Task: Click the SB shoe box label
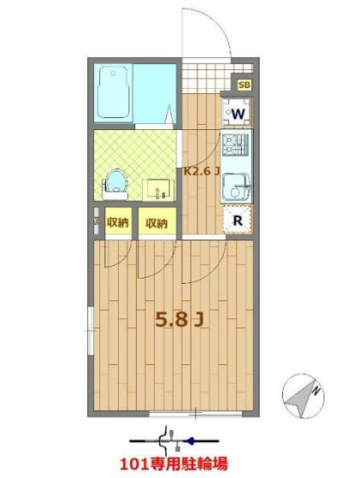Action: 245,85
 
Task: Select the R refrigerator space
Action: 238,220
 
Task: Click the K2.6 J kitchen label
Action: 201,171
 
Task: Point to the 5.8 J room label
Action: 180,320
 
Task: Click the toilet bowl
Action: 115,184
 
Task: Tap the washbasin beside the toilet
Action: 158,190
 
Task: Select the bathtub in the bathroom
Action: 113,92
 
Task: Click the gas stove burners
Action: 235,145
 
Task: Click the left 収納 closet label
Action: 118,222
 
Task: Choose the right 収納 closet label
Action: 156,223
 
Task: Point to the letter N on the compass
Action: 316,390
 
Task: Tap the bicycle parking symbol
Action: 174,441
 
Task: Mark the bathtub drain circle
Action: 113,74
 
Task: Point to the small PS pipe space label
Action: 97,221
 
